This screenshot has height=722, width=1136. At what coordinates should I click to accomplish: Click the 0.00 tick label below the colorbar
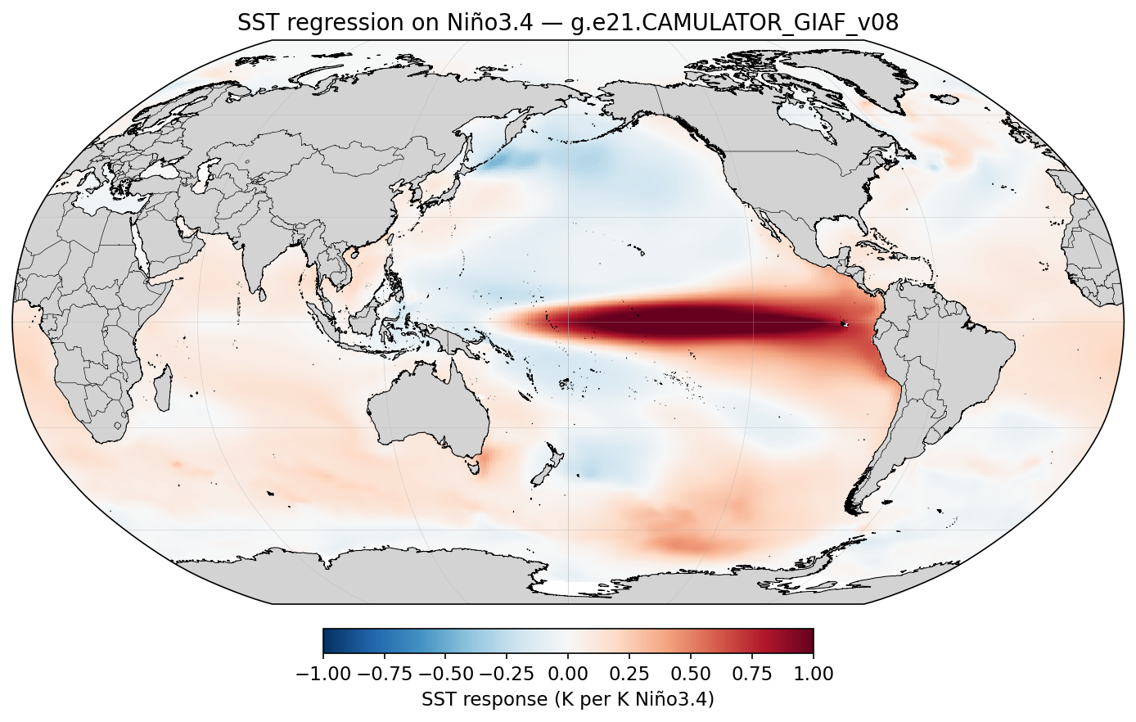point(568,675)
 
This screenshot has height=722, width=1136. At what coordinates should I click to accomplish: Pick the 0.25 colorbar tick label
point(629,675)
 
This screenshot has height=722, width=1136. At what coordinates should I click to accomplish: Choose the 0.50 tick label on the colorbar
point(691,675)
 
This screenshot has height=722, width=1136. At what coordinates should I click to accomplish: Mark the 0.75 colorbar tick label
point(752,675)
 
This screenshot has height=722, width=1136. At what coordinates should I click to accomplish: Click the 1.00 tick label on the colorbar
point(814,675)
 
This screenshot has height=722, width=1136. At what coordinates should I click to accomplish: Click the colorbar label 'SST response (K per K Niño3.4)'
point(568,700)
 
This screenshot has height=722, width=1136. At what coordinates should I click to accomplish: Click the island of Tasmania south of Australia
point(471,467)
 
